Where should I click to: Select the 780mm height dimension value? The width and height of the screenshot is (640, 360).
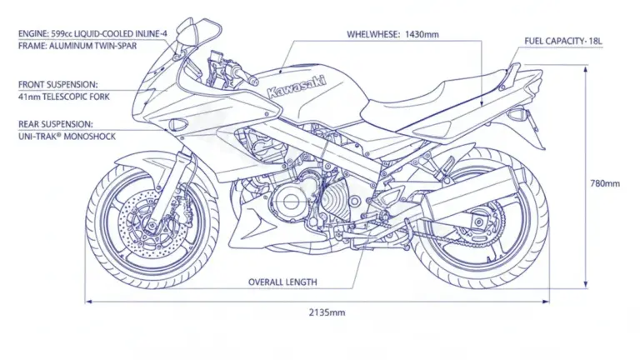click(604, 183)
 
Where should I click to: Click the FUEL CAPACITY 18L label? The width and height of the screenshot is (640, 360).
click(564, 41)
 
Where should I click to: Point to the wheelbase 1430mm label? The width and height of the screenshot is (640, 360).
click(392, 35)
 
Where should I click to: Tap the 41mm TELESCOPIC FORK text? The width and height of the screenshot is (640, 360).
click(63, 97)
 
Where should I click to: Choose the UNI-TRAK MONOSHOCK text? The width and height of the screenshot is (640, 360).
click(67, 137)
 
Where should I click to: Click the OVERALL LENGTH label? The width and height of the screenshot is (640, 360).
click(282, 282)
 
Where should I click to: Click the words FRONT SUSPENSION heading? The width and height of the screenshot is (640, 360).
click(57, 84)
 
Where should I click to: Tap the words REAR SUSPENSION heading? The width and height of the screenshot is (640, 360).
click(56, 124)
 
